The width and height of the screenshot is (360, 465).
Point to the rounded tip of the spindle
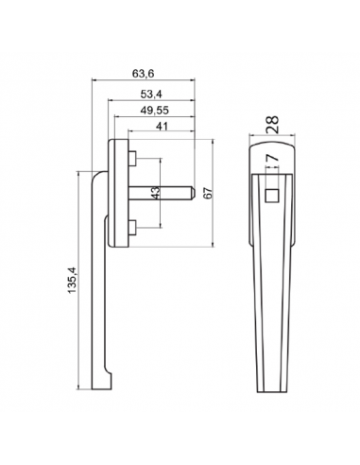pos(193,194)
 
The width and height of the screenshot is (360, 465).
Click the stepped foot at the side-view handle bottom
pos(110,383)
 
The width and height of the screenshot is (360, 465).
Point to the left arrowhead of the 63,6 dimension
pos(94,82)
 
